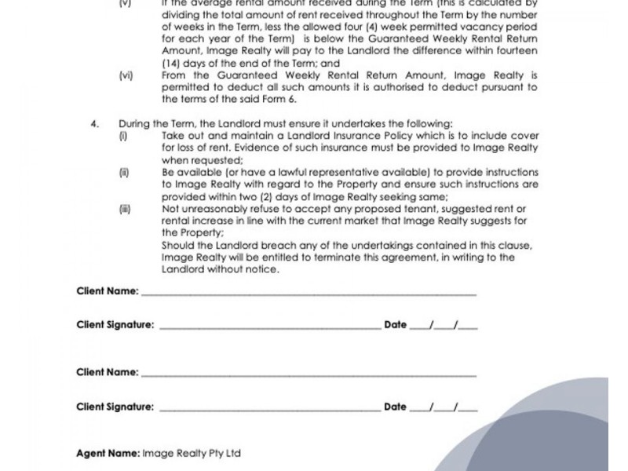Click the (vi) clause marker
pyautogui.click(x=126, y=75)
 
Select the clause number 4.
pyautogui.click(x=95, y=124)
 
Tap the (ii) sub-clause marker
pyautogui.click(x=123, y=172)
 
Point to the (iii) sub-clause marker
pyautogui.click(x=124, y=209)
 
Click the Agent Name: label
pyautogui.click(x=108, y=453)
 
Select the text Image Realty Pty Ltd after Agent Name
pyautogui.click(x=192, y=453)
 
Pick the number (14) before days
pyautogui.click(x=171, y=64)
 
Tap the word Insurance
pyautogui.click(x=314, y=136)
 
